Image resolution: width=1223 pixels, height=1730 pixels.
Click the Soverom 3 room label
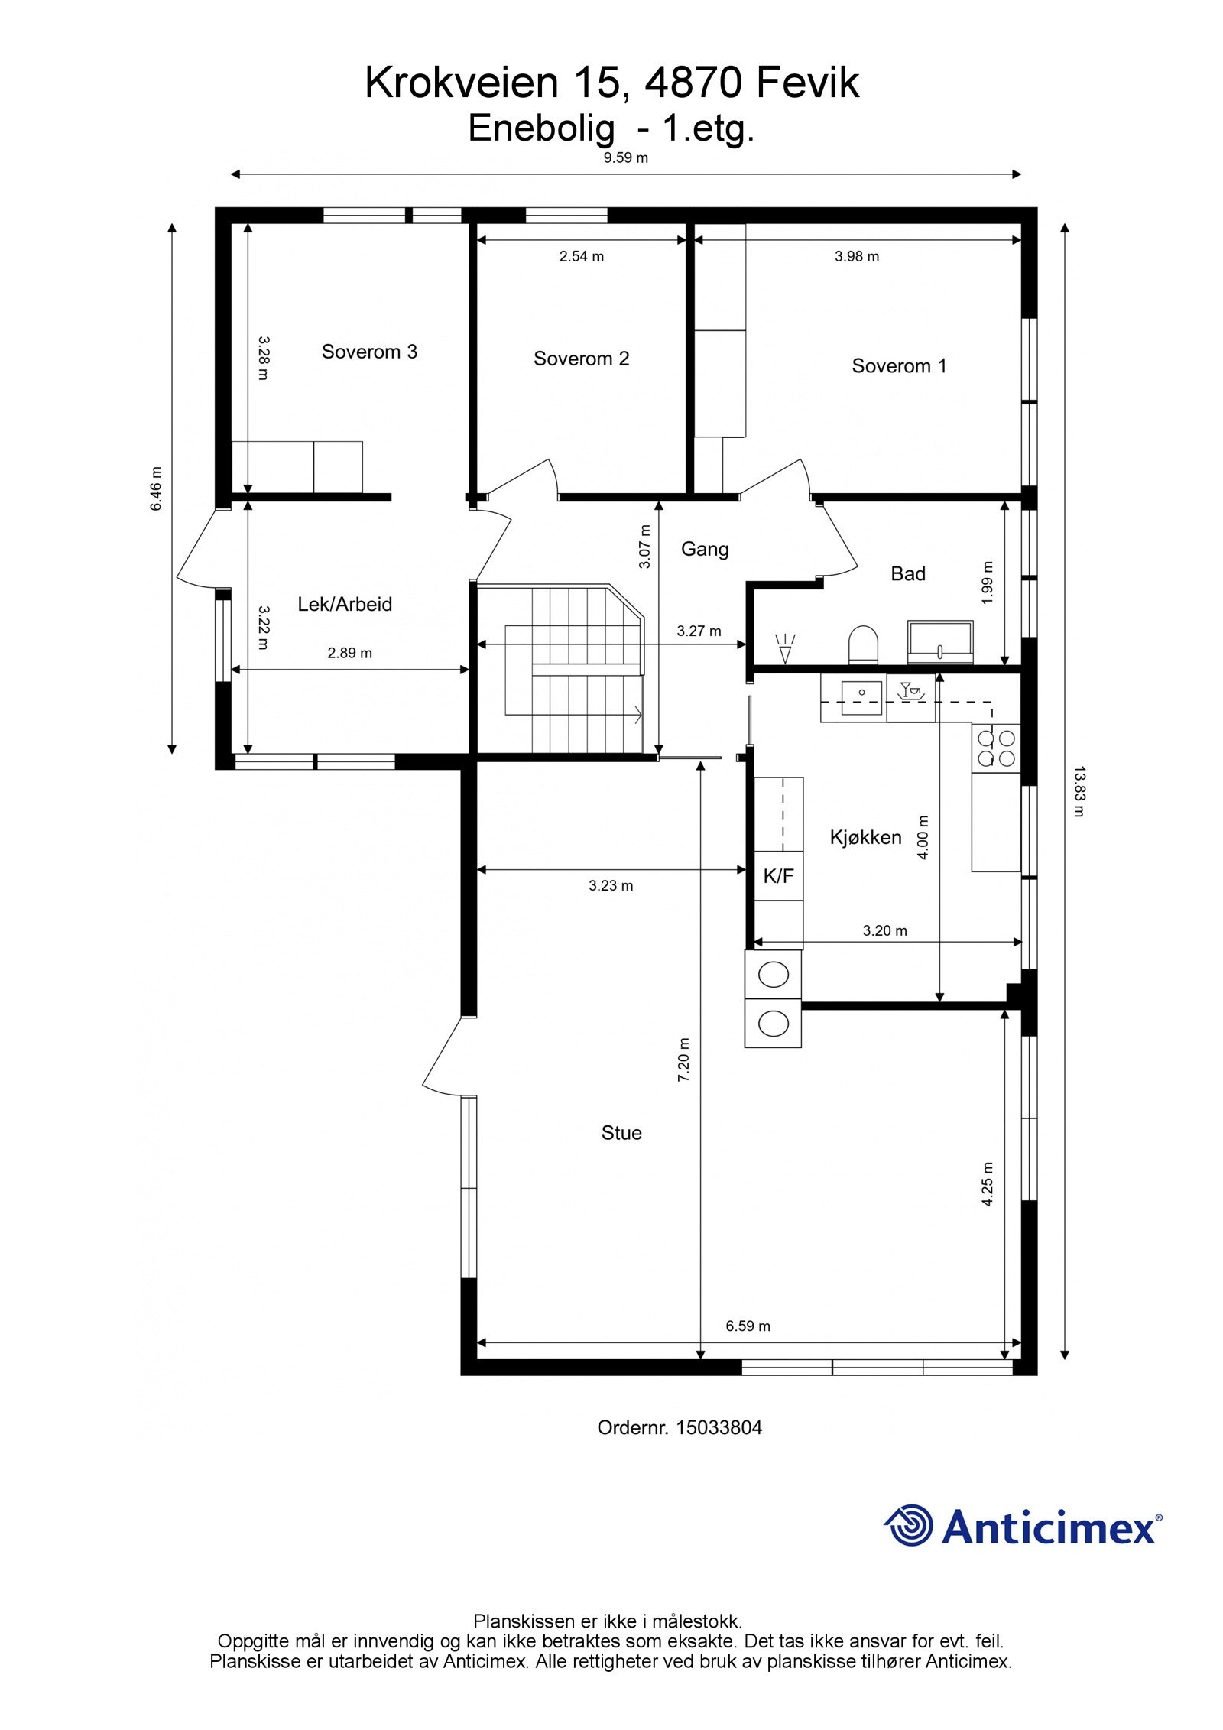point(369,352)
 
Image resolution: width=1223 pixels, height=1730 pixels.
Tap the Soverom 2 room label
point(581,359)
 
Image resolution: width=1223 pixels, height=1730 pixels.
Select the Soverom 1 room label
point(899,366)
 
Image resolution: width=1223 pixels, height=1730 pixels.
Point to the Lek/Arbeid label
point(345,604)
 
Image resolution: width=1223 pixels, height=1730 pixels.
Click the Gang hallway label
point(705,549)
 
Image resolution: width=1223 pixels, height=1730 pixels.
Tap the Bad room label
point(908,573)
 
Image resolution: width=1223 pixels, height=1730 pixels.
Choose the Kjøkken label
point(866,837)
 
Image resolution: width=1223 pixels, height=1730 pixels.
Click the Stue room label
point(621,1132)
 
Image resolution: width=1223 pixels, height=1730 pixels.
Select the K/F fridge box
point(779,876)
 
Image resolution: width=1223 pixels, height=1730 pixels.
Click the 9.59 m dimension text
point(626,158)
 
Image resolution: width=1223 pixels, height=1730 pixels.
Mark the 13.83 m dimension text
point(1079,791)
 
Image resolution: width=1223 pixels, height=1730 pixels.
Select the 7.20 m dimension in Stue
point(684,1059)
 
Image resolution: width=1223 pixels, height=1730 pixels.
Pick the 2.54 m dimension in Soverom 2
point(582,256)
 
